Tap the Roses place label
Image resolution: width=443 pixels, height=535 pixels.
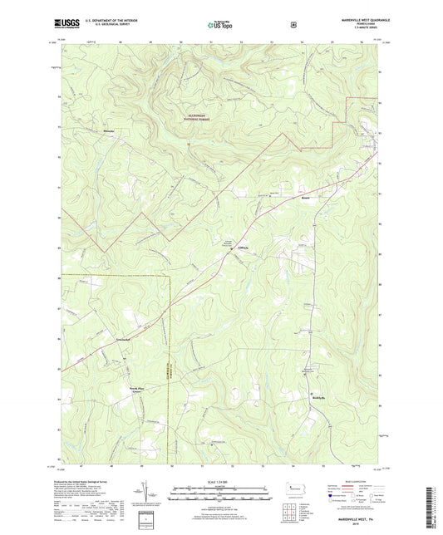pyautogui.click(x=306, y=199)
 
